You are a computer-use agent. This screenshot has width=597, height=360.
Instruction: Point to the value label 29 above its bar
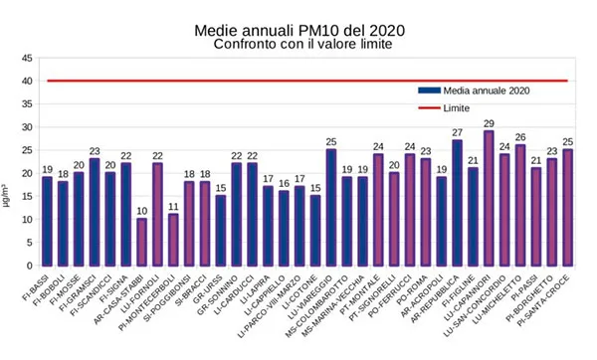click(489, 122)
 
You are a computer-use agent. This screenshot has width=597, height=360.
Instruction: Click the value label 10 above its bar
click(141, 210)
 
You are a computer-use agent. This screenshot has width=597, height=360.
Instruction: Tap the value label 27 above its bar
click(457, 131)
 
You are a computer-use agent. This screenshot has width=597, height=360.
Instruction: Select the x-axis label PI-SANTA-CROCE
click(552, 297)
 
